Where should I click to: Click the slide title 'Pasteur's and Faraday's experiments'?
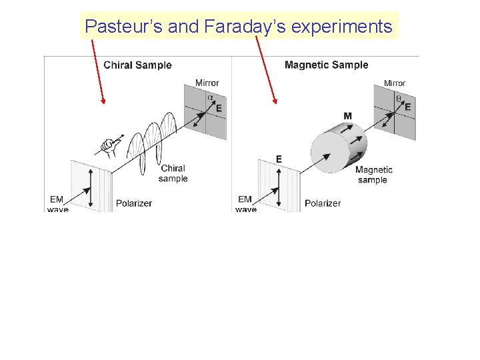(x=239, y=27)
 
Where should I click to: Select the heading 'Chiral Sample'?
(x=137, y=65)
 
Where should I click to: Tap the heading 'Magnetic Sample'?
(x=326, y=65)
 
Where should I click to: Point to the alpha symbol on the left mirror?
(x=211, y=97)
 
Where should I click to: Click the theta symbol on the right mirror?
(x=399, y=97)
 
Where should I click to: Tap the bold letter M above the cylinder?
(x=347, y=116)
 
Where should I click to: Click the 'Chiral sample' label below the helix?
(x=173, y=173)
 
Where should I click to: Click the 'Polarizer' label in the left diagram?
(x=135, y=203)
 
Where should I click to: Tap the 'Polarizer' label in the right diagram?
(x=323, y=203)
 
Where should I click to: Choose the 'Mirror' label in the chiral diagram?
(x=207, y=83)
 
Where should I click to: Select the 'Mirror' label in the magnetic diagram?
(x=395, y=83)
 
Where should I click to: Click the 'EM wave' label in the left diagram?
(x=57, y=204)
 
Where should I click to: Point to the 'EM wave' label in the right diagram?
(x=245, y=204)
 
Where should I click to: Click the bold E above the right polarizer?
(x=279, y=159)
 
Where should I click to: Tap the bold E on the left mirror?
(x=219, y=108)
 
